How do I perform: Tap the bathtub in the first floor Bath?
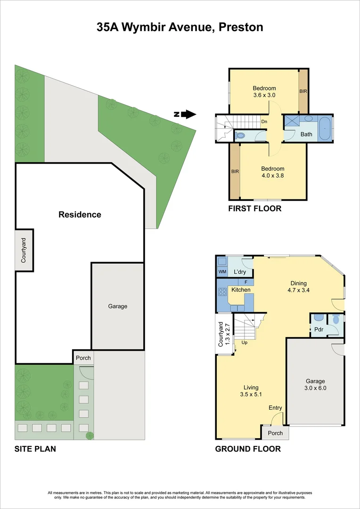pos(325,129)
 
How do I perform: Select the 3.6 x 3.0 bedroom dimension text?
pos(264,95)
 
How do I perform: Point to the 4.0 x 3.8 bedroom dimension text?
pos(272,176)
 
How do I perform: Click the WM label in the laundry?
pos(222,272)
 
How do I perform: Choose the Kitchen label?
pos(241,289)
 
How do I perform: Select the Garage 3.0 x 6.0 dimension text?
pos(316,388)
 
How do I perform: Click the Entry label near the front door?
pos(275,408)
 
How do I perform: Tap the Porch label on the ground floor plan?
pos(275,433)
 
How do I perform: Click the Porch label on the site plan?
pos(83,358)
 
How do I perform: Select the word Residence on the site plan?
pos(80,214)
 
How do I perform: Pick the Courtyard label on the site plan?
pos(24,250)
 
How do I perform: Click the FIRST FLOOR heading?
pos(254,208)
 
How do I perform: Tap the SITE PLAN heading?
pos(35,449)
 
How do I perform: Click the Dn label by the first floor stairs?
pos(264,122)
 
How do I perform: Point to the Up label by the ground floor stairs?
pos(245,343)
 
